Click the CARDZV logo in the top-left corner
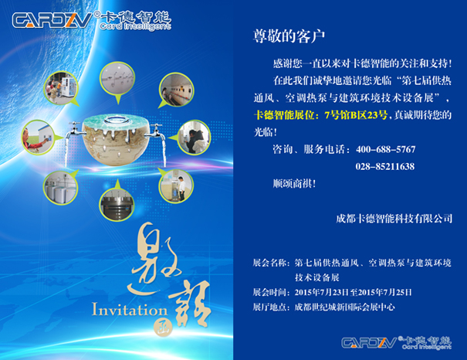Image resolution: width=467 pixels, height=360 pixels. click(x=92, y=20)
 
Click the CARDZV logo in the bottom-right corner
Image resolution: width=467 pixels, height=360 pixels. click(x=397, y=343)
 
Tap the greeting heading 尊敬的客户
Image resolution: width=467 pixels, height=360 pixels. click(x=289, y=36)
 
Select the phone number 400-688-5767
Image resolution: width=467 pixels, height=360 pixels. click(x=385, y=149)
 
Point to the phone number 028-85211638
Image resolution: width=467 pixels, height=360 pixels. click(x=385, y=166)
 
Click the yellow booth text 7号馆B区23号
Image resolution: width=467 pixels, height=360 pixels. click(x=356, y=115)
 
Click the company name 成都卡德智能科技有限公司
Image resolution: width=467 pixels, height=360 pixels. click(x=394, y=219)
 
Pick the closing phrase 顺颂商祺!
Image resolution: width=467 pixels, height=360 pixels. click(x=294, y=183)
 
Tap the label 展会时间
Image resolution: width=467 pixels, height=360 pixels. click(x=269, y=292)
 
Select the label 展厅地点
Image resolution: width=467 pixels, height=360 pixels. click(x=269, y=307)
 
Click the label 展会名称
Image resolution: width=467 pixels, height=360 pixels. click(x=269, y=263)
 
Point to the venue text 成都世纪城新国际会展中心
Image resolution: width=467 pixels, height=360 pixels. click(x=344, y=307)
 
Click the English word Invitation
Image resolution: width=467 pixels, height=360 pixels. click(x=130, y=309)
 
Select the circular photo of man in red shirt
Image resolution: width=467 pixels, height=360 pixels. click(x=38, y=138)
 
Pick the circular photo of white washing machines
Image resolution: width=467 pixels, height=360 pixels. click(x=60, y=188)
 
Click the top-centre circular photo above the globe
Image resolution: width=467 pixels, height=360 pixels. click(x=117, y=77)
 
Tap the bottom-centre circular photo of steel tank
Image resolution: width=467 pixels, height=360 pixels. click(x=117, y=205)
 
